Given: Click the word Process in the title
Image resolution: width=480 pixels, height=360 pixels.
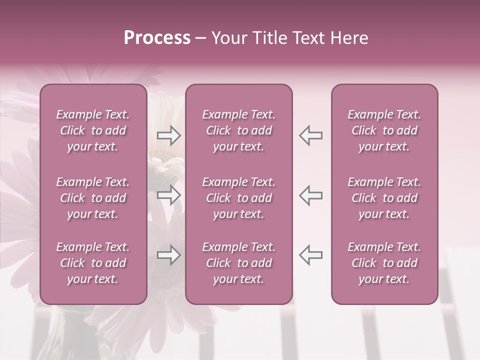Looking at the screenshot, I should tap(157, 37).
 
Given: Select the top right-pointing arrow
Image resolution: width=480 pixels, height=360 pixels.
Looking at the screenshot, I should tap(169, 135).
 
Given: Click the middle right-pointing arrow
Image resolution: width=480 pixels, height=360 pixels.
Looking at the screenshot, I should tap(169, 195).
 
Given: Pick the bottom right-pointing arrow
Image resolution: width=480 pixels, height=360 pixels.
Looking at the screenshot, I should tap(169, 255).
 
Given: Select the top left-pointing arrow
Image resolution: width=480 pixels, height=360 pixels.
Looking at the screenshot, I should tap(310, 135).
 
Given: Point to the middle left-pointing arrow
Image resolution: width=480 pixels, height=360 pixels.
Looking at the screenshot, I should tap(310, 195).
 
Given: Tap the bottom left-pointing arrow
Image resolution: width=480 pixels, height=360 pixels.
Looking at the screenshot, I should tap(310, 255).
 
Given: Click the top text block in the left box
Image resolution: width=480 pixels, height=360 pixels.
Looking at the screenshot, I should tap(93, 130).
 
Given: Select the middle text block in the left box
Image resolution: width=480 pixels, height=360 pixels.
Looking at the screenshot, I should tap(93, 198).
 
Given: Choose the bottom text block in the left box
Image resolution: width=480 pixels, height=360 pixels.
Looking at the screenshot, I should tap(93, 263).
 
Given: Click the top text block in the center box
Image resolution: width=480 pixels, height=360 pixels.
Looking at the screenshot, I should tap(239, 130).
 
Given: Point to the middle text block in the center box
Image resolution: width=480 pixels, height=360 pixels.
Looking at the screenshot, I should tap(239, 198).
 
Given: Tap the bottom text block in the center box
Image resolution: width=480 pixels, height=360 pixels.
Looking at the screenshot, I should tap(239, 263).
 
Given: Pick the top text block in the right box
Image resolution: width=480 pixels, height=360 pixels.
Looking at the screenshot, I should tap(384, 130).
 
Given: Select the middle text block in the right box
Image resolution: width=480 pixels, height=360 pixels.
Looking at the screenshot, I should tap(384, 198).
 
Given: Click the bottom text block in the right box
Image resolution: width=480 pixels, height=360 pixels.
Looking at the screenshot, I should tap(384, 263).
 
